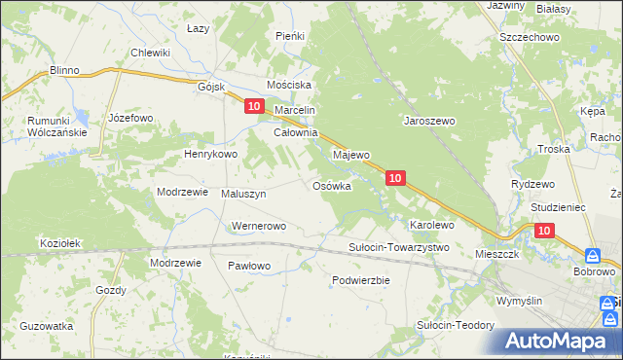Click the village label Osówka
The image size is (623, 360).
[331, 186]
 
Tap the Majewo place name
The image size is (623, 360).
[352, 155]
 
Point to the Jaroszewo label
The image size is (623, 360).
[430, 122]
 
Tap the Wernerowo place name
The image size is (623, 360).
[257, 227]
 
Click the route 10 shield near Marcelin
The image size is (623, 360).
[253, 106]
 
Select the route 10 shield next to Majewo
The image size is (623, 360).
[394, 178]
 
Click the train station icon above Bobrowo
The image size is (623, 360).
[593, 255]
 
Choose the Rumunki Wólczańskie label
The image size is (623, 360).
[45, 126]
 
